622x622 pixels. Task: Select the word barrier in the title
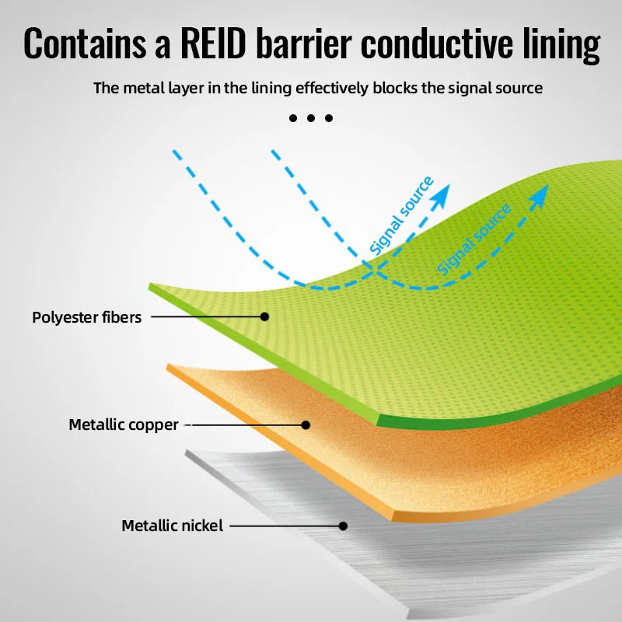coord(311,44)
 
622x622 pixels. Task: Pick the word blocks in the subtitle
coord(394,88)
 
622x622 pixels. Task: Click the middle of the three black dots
coord(311,118)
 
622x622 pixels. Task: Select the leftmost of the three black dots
coord(293,118)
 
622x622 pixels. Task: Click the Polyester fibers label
coord(87,317)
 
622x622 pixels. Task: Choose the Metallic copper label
coord(124,425)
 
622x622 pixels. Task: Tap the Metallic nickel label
coord(172,526)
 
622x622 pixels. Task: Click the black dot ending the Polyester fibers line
coord(264,316)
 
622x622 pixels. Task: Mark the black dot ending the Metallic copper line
coord(306,425)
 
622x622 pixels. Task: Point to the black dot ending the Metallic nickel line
coord(343,526)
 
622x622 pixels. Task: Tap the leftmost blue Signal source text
coord(401,217)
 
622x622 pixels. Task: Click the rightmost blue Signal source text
coord(474,239)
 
